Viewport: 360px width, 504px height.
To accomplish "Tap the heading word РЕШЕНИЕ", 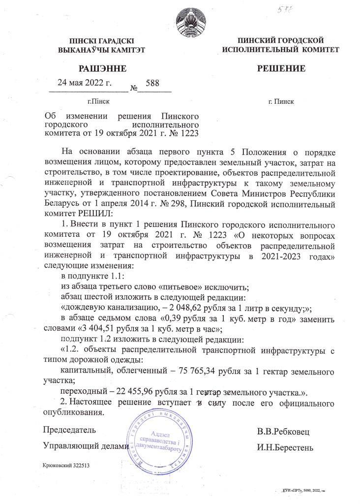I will point(281,68).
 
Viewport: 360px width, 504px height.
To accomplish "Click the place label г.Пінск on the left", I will point(98,102).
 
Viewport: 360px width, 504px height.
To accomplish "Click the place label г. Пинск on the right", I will point(281,102).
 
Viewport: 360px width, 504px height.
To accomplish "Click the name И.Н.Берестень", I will point(285,448).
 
